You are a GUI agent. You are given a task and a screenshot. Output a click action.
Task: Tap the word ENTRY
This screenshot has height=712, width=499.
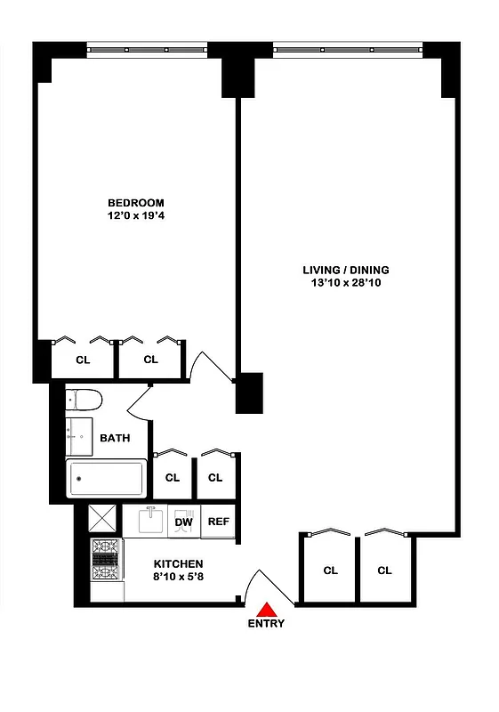tap(267, 624)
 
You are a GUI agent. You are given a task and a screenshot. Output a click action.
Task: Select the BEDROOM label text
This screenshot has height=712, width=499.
tap(136, 202)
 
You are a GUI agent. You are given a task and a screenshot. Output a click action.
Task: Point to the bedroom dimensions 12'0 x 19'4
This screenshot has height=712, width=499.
tap(136, 214)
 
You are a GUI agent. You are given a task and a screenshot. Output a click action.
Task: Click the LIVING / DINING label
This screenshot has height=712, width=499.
tap(346, 270)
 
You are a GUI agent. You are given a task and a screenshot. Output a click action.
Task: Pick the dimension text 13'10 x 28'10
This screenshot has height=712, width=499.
tap(346, 283)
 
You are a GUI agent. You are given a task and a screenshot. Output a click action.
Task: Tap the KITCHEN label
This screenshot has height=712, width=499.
tap(178, 564)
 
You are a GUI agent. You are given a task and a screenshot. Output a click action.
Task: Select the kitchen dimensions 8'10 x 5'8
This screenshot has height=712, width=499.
tap(178, 577)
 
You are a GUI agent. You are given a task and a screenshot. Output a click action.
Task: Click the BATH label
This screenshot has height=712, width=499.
tap(114, 438)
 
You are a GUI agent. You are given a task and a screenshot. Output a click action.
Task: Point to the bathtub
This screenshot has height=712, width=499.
tap(107, 480)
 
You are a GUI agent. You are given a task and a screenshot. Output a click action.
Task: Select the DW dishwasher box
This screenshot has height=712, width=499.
tap(184, 522)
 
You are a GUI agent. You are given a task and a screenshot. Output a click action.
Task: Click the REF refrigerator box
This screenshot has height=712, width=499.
tap(219, 522)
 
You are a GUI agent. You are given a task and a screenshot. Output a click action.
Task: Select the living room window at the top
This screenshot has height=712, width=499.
tap(347, 48)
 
